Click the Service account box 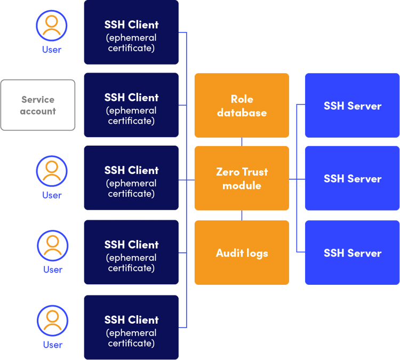click(x=38, y=105)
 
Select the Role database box click(x=242, y=106)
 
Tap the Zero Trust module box click(x=242, y=178)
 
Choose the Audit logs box click(x=242, y=253)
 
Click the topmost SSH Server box click(x=352, y=106)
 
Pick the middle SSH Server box click(x=352, y=179)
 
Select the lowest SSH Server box click(x=352, y=253)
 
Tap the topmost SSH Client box click(x=131, y=32)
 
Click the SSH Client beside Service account click(x=131, y=105)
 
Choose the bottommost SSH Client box click(x=131, y=327)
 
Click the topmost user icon click(x=52, y=25)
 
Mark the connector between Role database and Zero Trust click(x=242, y=142)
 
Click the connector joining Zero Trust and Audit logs click(x=242, y=215)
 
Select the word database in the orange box click(x=242, y=113)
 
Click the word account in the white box click(x=38, y=111)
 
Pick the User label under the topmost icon click(x=52, y=50)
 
